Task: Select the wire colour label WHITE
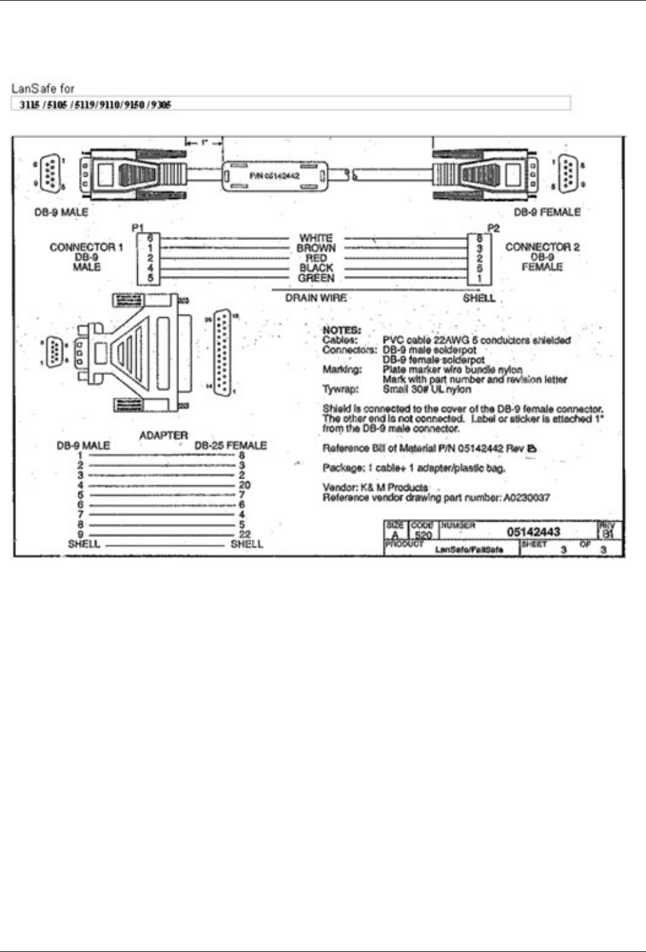pyautogui.click(x=316, y=238)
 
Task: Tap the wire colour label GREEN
pyautogui.click(x=316, y=278)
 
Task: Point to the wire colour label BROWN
pyautogui.click(x=316, y=248)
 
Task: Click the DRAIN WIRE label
pyautogui.click(x=316, y=297)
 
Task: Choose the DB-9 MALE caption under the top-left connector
pyautogui.click(x=61, y=212)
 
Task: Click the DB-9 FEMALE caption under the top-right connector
pyautogui.click(x=547, y=212)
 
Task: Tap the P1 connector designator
pyautogui.click(x=137, y=227)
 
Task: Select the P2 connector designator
pyautogui.click(x=494, y=227)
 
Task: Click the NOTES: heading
pyautogui.click(x=342, y=330)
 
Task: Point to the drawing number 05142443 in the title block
pyautogui.click(x=533, y=532)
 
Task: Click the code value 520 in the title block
pyautogui.click(x=423, y=535)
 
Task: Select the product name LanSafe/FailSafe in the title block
pyautogui.click(x=469, y=549)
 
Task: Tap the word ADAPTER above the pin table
pyautogui.click(x=163, y=435)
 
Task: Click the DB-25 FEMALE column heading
pyautogui.click(x=230, y=446)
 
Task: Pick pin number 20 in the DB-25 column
pyautogui.click(x=244, y=485)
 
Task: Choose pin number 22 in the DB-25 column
pyautogui.click(x=245, y=534)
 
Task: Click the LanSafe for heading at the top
pyautogui.click(x=43, y=89)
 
